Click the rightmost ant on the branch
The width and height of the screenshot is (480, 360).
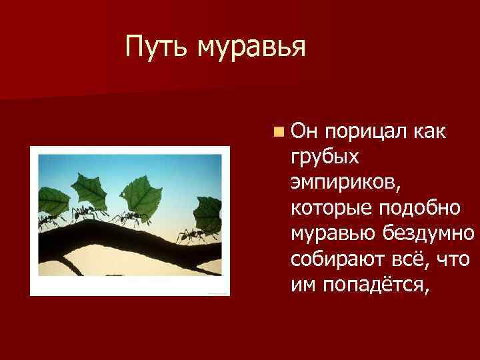(190, 235)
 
